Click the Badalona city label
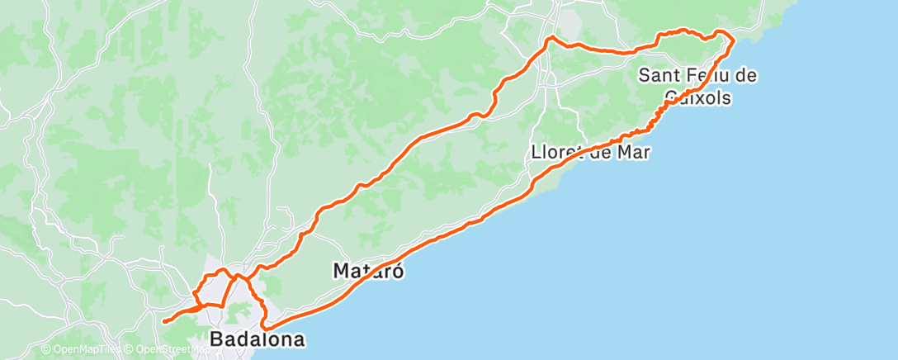257,339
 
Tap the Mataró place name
368,270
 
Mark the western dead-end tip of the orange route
164,321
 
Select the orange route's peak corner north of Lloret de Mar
551,37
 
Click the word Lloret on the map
560,152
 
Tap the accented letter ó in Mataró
398,270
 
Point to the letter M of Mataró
341,270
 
